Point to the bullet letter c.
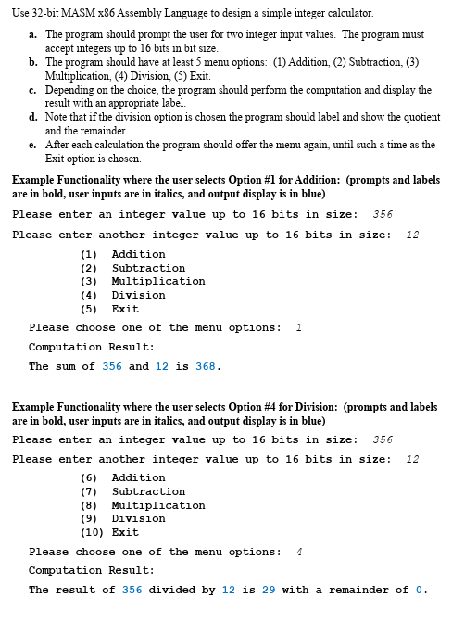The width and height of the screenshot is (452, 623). [x=33, y=90]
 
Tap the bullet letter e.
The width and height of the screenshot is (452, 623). [x=33, y=146]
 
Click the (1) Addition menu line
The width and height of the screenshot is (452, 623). [x=123, y=254]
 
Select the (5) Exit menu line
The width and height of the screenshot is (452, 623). [x=109, y=309]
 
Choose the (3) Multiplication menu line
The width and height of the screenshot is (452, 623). [x=143, y=281]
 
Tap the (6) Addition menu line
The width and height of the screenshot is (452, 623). [x=123, y=478]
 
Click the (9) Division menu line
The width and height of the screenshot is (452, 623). [x=123, y=519]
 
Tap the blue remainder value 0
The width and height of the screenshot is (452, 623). [x=420, y=591]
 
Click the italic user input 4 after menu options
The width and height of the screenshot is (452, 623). [x=298, y=553]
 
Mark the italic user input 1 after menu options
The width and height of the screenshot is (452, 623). [x=298, y=327]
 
